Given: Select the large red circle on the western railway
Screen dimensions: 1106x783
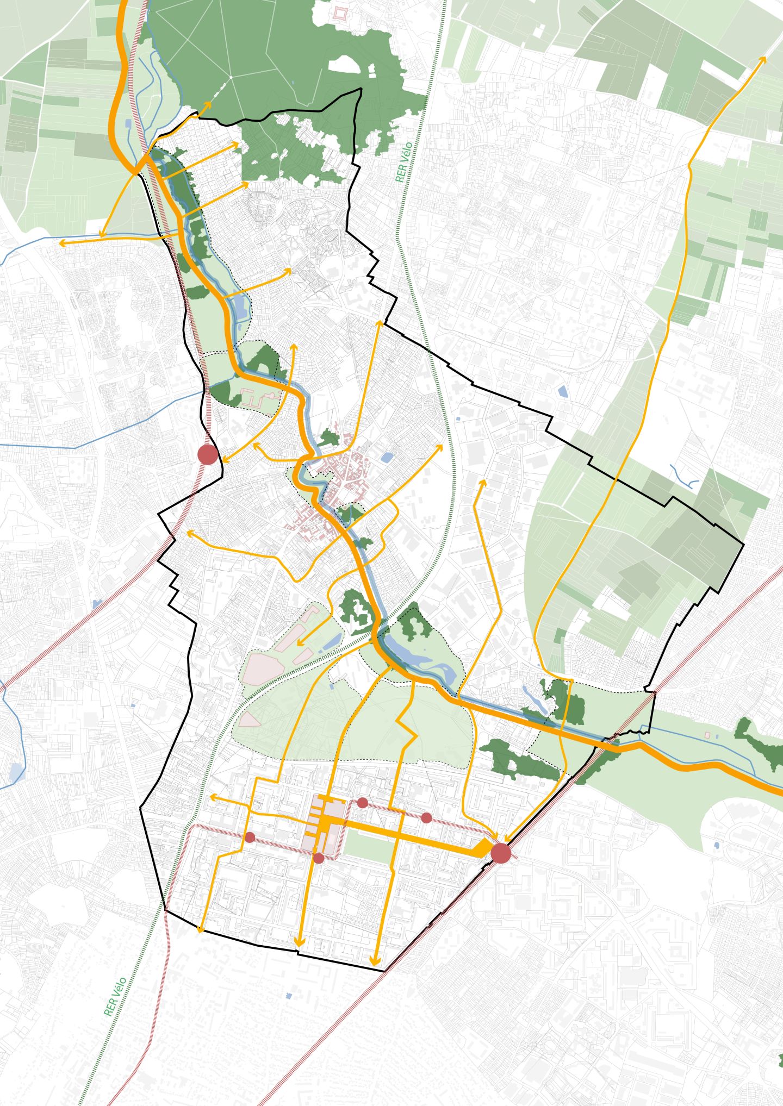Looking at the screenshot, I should click(x=207, y=454).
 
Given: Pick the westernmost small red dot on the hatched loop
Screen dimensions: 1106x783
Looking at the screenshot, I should click(x=250, y=838).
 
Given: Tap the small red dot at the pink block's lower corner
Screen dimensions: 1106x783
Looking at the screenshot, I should click(x=319, y=858).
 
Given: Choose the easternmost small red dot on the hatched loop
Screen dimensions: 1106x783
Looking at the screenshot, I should click(x=426, y=818).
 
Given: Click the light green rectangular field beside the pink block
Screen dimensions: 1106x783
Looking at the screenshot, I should click(x=368, y=846).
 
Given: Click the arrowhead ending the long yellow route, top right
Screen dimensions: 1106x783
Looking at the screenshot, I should click(x=763, y=58).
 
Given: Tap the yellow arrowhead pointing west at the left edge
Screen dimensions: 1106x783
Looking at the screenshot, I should click(x=61, y=243).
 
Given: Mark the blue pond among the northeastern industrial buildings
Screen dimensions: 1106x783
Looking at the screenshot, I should click(x=562, y=390).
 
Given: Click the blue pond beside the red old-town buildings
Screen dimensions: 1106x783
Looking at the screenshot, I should click(x=387, y=458).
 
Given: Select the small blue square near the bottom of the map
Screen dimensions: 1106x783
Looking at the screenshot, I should click(x=289, y=996).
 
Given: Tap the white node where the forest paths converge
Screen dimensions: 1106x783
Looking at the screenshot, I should click(x=231, y=77).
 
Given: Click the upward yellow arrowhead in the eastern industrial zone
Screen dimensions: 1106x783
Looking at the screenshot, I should click(x=481, y=482).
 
